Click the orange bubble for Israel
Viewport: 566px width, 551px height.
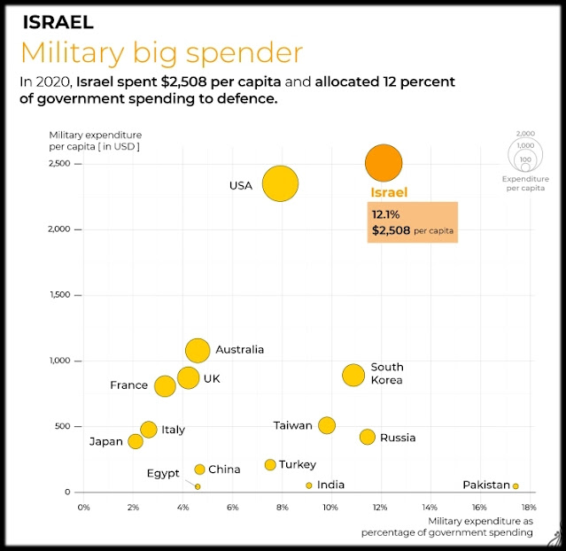coord(384,164)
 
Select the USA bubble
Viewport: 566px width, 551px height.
coord(280,184)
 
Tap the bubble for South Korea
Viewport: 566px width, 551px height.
coord(353,375)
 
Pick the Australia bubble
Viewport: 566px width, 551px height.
coord(198,350)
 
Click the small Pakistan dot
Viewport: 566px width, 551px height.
coord(516,485)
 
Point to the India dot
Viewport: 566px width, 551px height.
coord(309,485)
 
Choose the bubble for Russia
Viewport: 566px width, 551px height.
coord(368,437)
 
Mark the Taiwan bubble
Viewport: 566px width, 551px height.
coord(327,425)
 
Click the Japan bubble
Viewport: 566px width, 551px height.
coord(136,441)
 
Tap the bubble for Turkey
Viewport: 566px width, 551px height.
coord(270,464)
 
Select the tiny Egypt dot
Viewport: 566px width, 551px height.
coord(198,486)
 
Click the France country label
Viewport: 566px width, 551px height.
coord(128,385)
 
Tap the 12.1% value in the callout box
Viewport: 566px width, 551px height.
coord(387,214)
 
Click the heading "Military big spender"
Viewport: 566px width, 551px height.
coord(161,52)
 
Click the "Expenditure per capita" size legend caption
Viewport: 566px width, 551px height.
coord(525,183)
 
